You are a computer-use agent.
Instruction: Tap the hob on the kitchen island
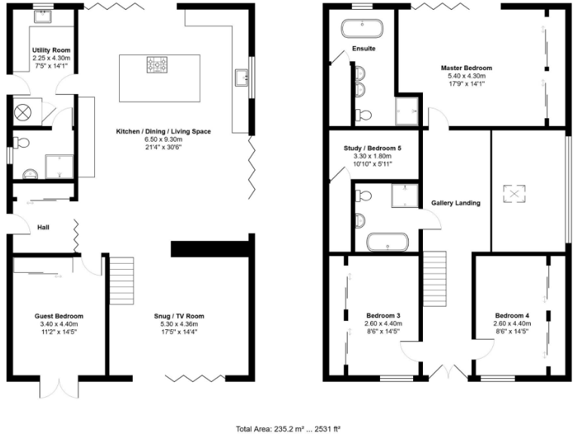pyautogui.click(x=159, y=66)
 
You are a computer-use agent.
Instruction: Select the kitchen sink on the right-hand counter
pyautogui.click(x=242, y=76)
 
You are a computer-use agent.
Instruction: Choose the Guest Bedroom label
pyautogui.click(x=59, y=316)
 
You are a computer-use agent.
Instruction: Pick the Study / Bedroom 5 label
pyautogui.click(x=367, y=148)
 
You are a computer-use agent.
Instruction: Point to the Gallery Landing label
pyautogui.click(x=455, y=203)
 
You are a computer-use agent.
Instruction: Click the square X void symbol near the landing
pyautogui.click(x=515, y=194)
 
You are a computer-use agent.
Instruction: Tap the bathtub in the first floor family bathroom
pyautogui.click(x=387, y=243)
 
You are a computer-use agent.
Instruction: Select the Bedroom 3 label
pyautogui.click(x=383, y=315)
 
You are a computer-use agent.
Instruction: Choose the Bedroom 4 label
pyautogui.click(x=512, y=315)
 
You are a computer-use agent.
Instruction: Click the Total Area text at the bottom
pyautogui.click(x=289, y=428)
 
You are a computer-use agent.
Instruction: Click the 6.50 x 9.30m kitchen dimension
pyautogui.click(x=163, y=139)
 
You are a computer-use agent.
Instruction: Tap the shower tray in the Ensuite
pyautogui.click(x=408, y=112)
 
